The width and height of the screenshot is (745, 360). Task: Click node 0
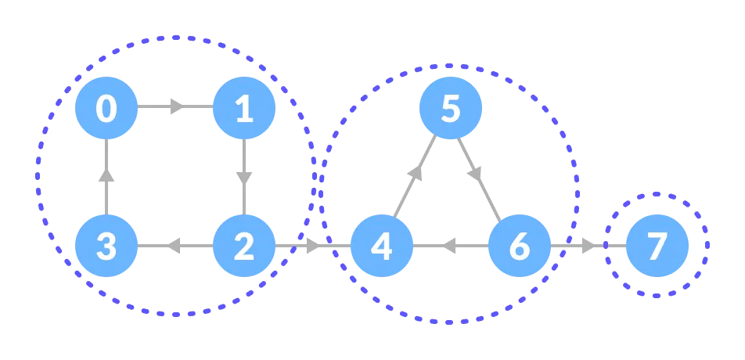coord(106,108)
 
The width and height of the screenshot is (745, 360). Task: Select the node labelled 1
coord(244,108)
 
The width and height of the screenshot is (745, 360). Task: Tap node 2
coord(244,246)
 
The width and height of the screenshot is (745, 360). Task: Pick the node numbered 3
coord(106,246)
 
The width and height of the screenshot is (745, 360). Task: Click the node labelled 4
coord(382,246)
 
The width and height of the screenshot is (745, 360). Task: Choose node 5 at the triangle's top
coord(451,108)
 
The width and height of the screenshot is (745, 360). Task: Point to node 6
coord(520,246)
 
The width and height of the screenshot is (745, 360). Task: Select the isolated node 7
coord(657,246)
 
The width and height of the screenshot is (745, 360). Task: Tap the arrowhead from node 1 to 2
coord(244,178)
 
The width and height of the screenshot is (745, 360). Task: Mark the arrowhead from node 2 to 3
coord(173,246)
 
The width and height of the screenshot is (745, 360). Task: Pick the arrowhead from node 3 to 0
coord(106,175)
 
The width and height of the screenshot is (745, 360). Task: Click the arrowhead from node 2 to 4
coord(313,246)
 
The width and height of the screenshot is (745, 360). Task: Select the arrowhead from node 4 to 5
coord(416,173)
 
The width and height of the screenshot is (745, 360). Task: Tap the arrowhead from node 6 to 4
coord(448,246)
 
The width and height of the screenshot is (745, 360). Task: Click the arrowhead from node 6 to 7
coord(588,246)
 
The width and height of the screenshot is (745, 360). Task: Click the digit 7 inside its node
coord(657,246)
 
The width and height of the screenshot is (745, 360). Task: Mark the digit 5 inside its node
coord(451,108)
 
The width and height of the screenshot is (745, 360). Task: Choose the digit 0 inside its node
coord(106,108)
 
